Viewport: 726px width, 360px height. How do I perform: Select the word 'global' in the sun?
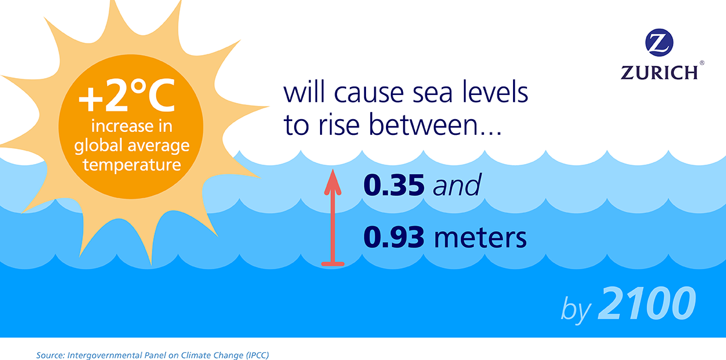click(x=108, y=146)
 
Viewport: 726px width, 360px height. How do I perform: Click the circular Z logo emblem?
click(x=659, y=44)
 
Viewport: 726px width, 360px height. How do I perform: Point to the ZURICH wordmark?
click(x=659, y=72)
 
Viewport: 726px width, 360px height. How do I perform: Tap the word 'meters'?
click(x=480, y=238)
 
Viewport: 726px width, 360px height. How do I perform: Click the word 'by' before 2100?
click(x=575, y=309)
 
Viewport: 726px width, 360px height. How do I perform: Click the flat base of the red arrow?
click(x=332, y=264)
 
